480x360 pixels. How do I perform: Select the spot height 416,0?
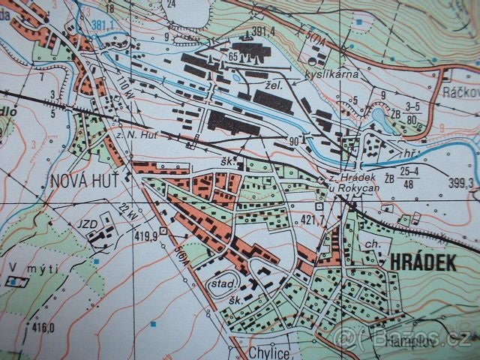coord(43,326)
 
